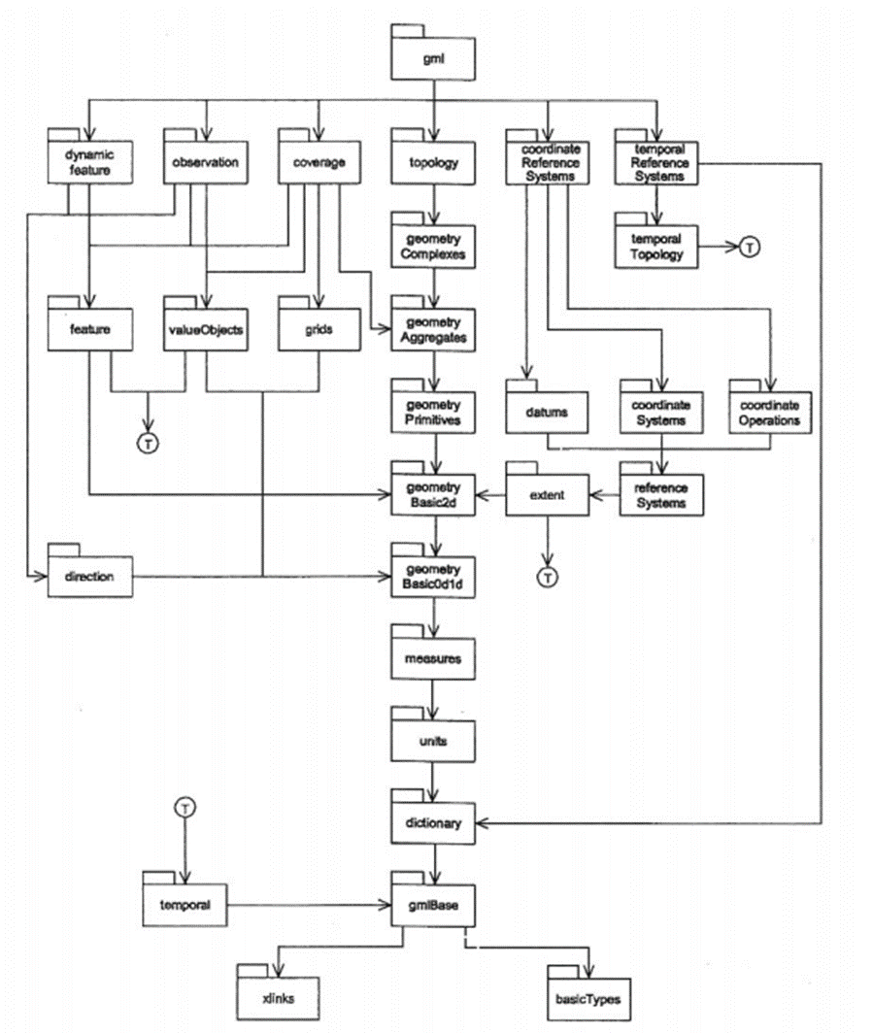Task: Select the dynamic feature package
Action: tap(88, 162)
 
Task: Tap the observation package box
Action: tap(204, 162)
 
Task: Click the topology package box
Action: tap(432, 162)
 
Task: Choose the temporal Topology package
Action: tap(656, 247)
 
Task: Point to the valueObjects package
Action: tap(204, 329)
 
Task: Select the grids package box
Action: tap(319, 329)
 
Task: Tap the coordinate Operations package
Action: tap(771, 413)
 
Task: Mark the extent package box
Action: tap(547, 495)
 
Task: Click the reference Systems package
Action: tap(660, 495)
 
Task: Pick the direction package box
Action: tap(88, 577)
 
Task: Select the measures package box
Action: tap(432, 659)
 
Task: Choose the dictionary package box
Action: tap(432, 824)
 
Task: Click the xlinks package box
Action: tap(279, 998)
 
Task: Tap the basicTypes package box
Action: tap(587, 998)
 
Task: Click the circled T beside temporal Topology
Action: tap(749, 248)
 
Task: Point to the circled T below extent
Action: tap(548, 578)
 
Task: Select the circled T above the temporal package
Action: tap(185, 806)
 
